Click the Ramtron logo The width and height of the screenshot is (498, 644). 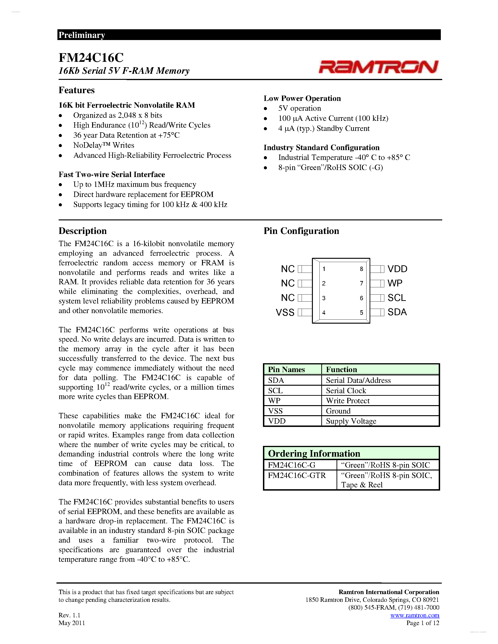tap(378, 67)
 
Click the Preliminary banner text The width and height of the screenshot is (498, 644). tap(82, 35)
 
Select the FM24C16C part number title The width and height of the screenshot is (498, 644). tap(91, 58)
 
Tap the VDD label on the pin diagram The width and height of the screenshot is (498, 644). tap(397, 269)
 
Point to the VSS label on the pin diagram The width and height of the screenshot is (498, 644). tap(285, 312)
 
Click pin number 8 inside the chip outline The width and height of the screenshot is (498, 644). tap(361, 269)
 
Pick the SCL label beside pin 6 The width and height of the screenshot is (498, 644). tap(397, 298)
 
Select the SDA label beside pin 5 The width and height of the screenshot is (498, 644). tap(397, 312)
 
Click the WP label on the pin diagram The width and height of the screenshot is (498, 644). tap(395, 283)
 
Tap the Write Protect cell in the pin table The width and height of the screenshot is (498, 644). tap(348, 401)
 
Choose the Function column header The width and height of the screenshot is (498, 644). tap(341, 370)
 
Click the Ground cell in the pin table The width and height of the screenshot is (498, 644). tap(338, 411)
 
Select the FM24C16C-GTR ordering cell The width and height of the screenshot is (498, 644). tap(297, 475)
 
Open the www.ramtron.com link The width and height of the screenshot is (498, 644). tap(415, 615)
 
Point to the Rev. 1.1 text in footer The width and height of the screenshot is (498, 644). tap(69, 615)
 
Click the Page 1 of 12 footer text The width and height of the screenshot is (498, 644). tap(423, 623)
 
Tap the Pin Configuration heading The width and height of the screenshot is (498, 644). tap(301, 231)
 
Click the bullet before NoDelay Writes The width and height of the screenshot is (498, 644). tap(60, 145)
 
